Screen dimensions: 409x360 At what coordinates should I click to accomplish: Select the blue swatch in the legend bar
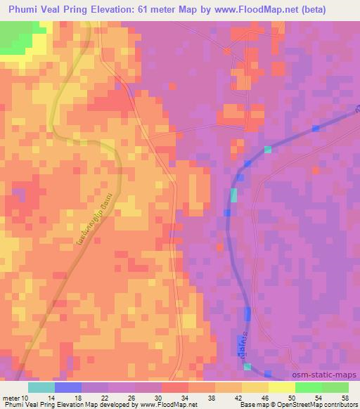click(x=67, y=387)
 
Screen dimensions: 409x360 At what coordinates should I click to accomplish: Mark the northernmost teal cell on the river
click(x=268, y=149)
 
